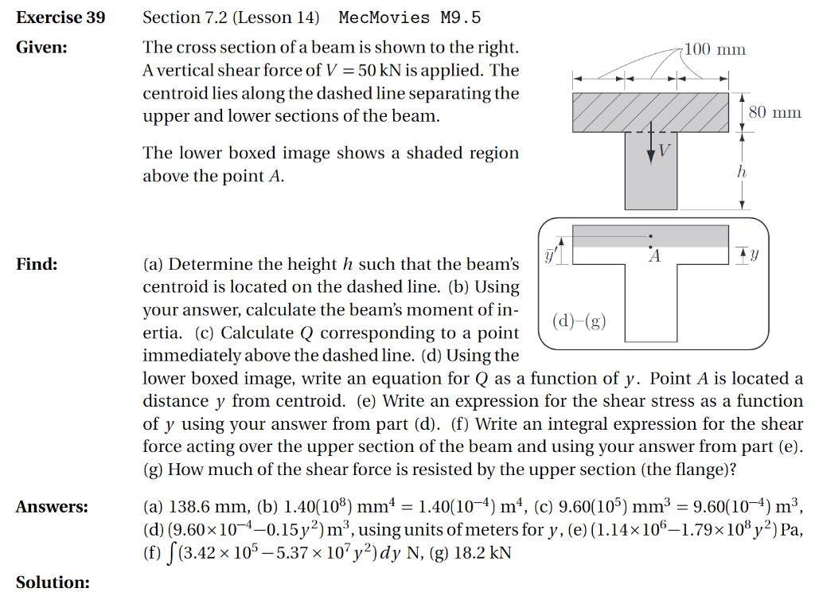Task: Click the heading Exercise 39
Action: (x=60, y=18)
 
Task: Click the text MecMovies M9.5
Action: (x=409, y=18)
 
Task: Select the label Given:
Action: (x=41, y=47)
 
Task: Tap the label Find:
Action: (x=37, y=264)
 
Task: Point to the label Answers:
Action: (x=52, y=506)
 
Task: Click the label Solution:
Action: (x=53, y=582)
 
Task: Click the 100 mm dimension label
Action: (x=716, y=50)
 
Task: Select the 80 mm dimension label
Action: (x=774, y=112)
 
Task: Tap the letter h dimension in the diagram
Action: (x=742, y=170)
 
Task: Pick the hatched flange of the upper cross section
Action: (x=651, y=112)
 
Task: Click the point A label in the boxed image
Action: (x=654, y=256)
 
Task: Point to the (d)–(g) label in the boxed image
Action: (x=579, y=321)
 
